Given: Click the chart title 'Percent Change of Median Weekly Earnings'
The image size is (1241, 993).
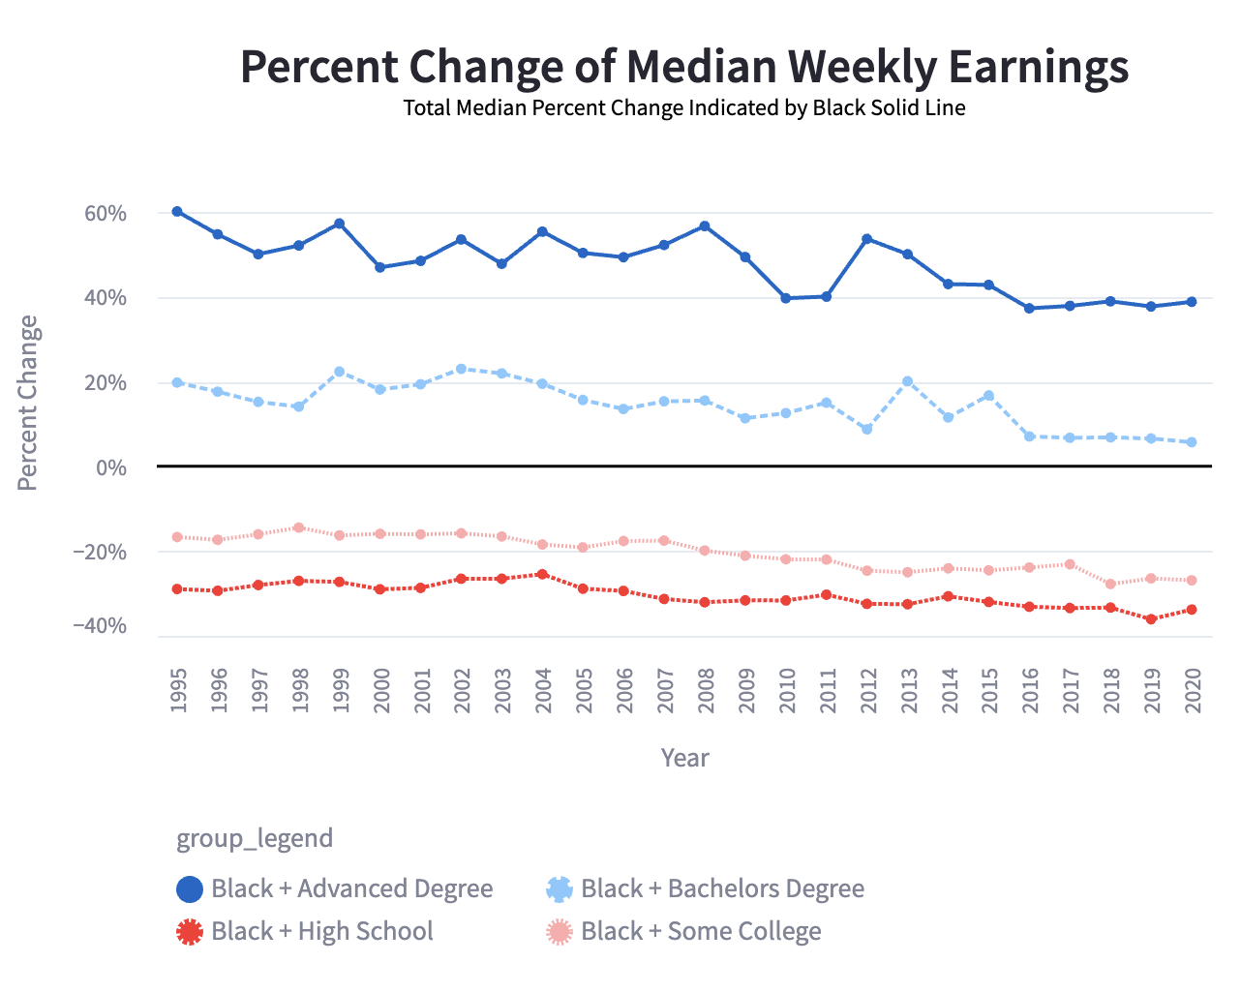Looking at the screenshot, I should point(684,67).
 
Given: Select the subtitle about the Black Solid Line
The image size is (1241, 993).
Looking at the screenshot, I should point(684,107).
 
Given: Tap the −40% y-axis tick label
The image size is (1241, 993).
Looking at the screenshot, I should point(100,626).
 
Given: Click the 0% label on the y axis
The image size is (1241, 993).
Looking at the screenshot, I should point(111,468).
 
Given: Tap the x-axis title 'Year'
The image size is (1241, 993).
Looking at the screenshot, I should point(684,758).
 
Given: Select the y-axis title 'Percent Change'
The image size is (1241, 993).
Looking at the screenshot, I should point(28,403).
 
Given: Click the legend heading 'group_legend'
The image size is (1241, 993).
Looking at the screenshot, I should point(255,838).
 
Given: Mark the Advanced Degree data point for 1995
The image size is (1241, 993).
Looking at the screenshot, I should point(177,211).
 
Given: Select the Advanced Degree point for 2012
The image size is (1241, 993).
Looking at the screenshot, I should point(867,239).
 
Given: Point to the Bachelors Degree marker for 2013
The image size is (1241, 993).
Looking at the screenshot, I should point(908,381).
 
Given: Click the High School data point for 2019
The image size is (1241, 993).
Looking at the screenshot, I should point(1151,619).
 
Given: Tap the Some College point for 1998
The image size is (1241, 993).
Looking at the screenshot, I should point(299,527).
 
